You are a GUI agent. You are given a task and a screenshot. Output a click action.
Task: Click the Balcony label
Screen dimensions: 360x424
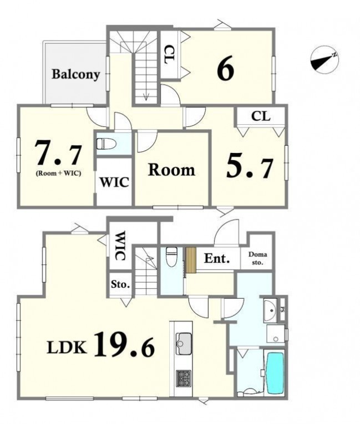[x=76, y=74]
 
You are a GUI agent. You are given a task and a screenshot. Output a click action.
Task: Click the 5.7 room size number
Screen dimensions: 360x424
[x=250, y=167]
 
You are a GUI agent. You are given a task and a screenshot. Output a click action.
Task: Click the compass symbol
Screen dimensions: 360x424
[x=324, y=59]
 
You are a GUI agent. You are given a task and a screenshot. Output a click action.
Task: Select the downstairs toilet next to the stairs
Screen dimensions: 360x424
[x=171, y=257]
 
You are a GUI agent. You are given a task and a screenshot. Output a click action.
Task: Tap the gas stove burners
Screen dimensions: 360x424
[x=184, y=378]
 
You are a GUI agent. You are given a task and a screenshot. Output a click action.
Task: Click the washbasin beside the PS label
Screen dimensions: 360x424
[x=270, y=310]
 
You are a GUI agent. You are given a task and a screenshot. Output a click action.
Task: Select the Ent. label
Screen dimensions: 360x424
[x=217, y=259]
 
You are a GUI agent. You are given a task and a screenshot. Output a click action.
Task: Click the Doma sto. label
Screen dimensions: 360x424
[x=258, y=258]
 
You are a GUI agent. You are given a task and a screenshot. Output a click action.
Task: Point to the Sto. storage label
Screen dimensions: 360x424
[x=120, y=284]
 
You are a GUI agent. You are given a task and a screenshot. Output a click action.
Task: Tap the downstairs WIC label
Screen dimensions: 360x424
[x=120, y=246]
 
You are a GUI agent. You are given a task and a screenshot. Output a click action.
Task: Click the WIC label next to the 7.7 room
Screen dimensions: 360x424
[x=114, y=182]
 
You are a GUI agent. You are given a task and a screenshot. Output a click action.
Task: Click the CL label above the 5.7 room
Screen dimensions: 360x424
[x=261, y=116]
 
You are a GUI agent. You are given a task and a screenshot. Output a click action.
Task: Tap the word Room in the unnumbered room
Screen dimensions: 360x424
[x=171, y=170]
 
